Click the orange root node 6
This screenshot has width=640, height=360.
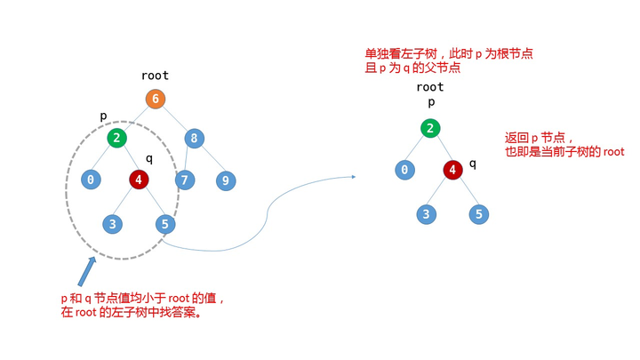point(156,99)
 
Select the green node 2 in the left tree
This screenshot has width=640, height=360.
point(117,138)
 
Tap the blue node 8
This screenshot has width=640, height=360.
point(194,138)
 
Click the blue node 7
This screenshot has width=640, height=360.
point(185,180)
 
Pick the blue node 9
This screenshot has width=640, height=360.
point(226,180)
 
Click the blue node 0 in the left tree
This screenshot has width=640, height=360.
point(92,180)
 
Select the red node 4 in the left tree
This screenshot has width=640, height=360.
point(139,180)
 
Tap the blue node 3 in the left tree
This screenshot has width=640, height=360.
point(113,223)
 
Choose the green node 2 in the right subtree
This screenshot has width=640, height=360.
point(430,128)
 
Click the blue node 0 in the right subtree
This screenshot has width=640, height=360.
point(405,170)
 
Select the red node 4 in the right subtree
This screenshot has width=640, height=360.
point(452,170)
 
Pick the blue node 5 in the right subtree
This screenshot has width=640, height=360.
point(478,213)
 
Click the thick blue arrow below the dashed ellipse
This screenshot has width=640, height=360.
point(86,271)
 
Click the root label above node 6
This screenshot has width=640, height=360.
point(155,76)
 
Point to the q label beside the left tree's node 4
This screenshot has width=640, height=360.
point(149,159)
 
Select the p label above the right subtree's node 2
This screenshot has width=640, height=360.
point(430,102)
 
